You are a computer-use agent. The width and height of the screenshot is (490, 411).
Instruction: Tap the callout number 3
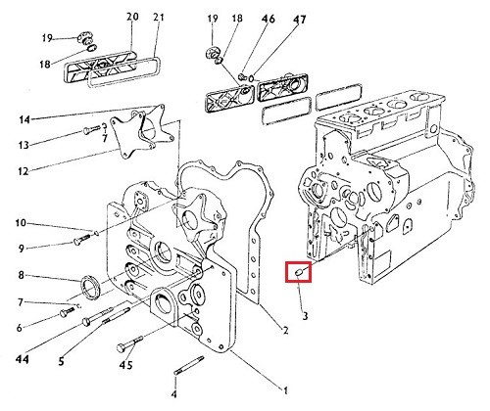point(305,316)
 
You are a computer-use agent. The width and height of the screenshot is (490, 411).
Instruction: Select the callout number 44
point(23,359)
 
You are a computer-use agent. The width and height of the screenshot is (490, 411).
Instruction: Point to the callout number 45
point(125,365)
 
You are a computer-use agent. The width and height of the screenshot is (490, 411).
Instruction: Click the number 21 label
point(158,17)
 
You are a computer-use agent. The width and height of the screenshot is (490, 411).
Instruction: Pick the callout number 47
point(299,20)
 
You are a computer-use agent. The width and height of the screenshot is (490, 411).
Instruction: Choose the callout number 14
point(24,120)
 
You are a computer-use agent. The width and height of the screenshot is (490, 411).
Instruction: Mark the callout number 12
point(24,171)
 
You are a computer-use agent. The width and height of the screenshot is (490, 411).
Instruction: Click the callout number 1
point(285,390)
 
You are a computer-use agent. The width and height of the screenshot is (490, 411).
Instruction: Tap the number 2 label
point(285,331)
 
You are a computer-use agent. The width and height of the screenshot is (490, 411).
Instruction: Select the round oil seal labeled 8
point(89,287)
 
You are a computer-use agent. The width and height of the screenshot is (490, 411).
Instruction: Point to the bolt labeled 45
point(129,343)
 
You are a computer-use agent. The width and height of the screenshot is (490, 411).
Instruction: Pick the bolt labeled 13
point(92,129)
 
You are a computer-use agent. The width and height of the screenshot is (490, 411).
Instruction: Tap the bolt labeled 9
point(83,239)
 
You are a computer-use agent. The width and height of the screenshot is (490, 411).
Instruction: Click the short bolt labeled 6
point(68,312)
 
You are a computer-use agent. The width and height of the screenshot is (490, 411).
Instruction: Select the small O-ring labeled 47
point(251,78)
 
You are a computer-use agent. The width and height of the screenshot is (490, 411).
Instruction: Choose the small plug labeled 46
point(242,77)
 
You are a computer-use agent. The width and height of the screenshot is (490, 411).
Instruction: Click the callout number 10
point(21,223)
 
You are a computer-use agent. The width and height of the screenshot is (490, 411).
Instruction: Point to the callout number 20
point(132,17)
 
